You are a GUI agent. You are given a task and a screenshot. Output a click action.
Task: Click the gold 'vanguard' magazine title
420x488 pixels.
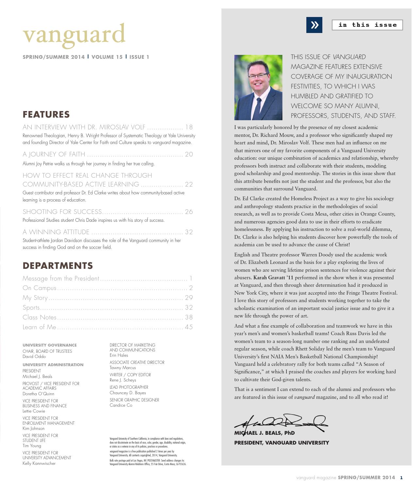click(74, 35)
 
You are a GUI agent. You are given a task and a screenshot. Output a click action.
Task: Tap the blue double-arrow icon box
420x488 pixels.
click(314, 25)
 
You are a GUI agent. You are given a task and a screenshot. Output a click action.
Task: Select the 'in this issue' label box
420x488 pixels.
click(367, 25)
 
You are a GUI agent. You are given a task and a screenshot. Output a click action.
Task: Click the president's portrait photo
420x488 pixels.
click(258, 87)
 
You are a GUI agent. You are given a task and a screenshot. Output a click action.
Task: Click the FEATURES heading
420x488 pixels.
click(46, 115)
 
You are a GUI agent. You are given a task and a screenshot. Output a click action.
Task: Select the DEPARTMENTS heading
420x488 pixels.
click(57, 266)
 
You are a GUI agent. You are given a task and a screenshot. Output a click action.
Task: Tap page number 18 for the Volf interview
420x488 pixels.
click(189, 127)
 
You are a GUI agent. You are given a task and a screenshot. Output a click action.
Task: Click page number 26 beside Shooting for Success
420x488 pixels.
click(189, 212)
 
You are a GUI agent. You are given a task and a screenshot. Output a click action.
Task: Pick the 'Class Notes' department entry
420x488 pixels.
click(40, 317)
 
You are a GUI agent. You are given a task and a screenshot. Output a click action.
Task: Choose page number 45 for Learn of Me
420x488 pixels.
click(189, 327)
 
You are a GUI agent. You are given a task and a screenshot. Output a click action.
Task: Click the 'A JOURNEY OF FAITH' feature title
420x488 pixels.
click(54, 154)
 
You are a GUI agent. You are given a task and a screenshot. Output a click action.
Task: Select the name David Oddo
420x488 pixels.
click(34, 356)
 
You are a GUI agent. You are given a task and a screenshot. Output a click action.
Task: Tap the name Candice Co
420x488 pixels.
click(121, 405)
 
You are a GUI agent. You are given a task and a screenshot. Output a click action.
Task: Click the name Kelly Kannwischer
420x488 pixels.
click(39, 463)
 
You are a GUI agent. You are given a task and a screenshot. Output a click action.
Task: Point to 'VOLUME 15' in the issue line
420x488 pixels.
click(107, 57)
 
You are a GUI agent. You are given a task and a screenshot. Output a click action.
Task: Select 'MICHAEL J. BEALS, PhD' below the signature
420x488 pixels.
click(264, 433)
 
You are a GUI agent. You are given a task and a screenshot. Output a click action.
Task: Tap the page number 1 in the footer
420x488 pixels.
click(401, 478)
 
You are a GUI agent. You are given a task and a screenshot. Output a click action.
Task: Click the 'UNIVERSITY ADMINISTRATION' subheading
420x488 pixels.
click(53, 365)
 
